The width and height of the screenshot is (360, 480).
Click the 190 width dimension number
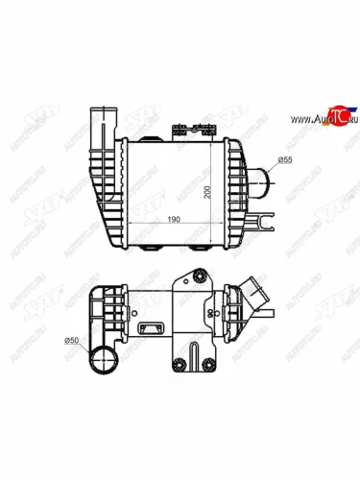pos(173,219)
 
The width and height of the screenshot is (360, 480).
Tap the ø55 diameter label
pos(284,158)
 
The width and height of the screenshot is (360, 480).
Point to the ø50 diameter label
pos(71,340)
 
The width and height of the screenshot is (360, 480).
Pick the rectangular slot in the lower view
pos(152,329)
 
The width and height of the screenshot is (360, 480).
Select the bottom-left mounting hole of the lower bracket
pos(179,363)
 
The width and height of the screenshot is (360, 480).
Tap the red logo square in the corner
pos(334,115)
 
